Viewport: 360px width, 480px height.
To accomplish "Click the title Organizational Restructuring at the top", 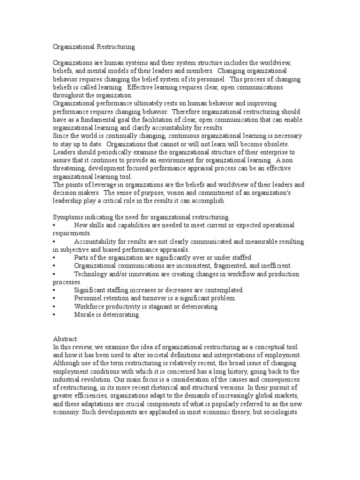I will tap(93, 47).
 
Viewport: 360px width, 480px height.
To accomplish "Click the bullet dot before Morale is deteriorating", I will tap(54, 315).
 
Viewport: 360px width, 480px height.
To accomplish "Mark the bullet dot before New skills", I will tap(54, 225).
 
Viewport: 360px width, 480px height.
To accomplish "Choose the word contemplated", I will tap(219, 290).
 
